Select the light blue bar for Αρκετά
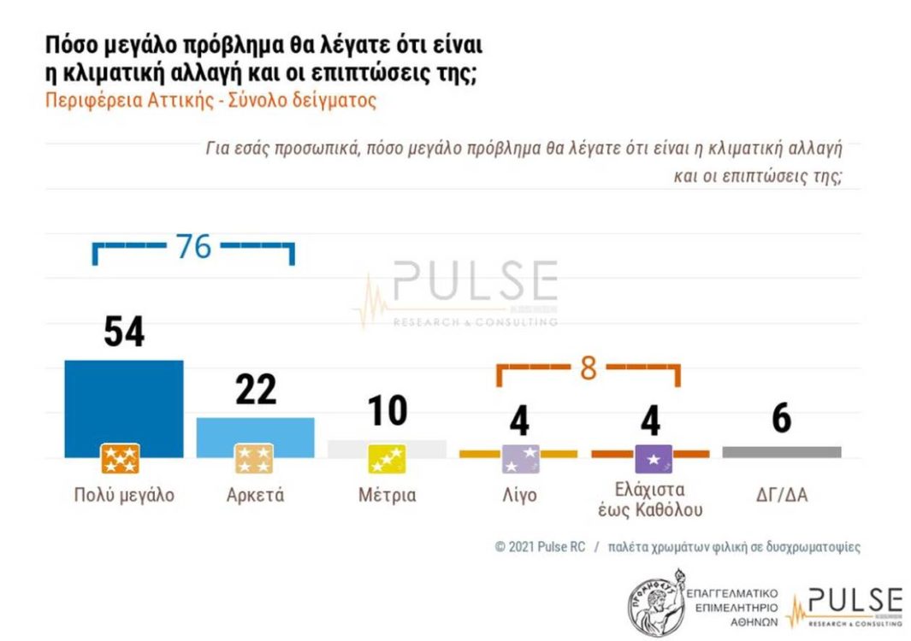pos(255,431)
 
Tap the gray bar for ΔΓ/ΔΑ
pos(781,452)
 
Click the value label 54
pos(124,332)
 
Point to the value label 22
pos(255,390)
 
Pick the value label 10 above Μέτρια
pos(387,411)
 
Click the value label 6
pos(781,420)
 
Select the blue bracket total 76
pos(193,247)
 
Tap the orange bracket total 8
pos(589,368)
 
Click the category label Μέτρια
pos(387,495)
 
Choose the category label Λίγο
pos(518,495)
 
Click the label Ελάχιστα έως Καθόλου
pos(649,500)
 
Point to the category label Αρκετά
pos(255,495)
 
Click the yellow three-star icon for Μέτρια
pos(387,459)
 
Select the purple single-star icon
pos(653,459)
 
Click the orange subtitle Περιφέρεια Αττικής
pos(210,99)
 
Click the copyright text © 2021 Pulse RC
pos(540,547)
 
